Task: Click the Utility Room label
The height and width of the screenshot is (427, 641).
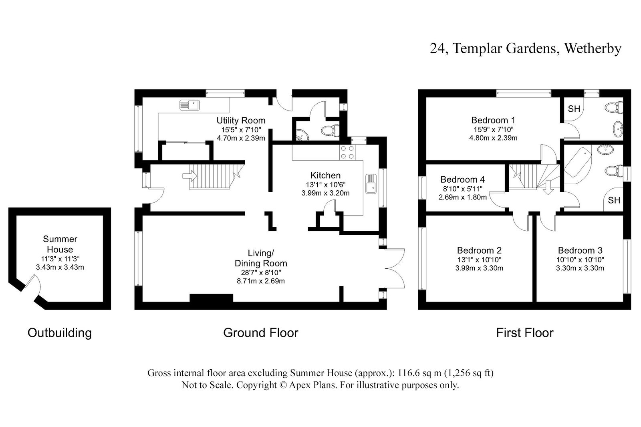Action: [241, 121]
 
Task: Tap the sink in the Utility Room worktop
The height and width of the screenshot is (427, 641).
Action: [189, 105]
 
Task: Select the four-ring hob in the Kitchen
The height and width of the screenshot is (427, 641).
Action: [347, 152]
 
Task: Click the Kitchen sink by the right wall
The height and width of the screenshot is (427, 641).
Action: [371, 184]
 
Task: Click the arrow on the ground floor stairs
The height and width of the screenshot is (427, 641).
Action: [190, 175]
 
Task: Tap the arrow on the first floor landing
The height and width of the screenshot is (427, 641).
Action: [548, 188]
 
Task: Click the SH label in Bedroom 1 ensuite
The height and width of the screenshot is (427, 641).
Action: [574, 109]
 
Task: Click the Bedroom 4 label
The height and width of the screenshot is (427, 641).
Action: [462, 179]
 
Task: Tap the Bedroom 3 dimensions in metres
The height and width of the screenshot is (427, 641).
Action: [580, 268]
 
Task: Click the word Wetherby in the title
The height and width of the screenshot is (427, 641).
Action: [593, 48]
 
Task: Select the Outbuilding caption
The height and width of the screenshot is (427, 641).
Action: [60, 333]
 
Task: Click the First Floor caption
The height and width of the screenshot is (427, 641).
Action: [525, 333]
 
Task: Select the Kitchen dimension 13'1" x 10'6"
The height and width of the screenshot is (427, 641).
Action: [325, 185]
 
